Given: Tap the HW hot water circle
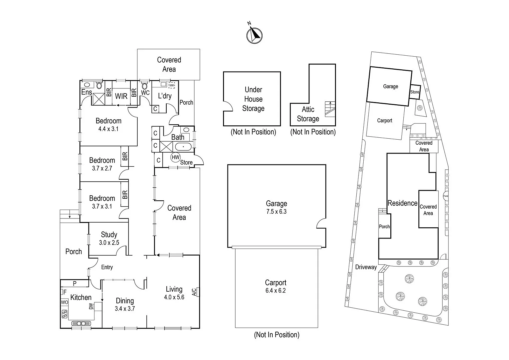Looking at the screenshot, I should click(x=175, y=157).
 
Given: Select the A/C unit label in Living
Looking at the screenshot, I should click(x=195, y=292).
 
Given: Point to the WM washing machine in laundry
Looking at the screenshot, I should click(x=172, y=85).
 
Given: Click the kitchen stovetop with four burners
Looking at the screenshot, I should click(x=65, y=314).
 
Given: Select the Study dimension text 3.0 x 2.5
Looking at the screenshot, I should click(x=109, y=243).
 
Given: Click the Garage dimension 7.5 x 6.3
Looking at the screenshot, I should click(x=276, y=211).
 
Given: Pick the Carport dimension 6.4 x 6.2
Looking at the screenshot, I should click(x=276, y=290).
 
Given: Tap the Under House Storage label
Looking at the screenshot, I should click(x=253, y=99).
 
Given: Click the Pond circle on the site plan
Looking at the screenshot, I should click(x=446, y=196).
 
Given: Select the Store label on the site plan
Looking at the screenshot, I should click(x=415, y=92).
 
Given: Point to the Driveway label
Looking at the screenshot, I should click(x=366, y=267).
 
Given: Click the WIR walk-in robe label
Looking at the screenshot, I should click(x=121, y=96).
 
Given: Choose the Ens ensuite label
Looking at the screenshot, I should click(x=86, y=92).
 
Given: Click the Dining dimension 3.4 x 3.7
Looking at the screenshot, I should click(x=125, y=309).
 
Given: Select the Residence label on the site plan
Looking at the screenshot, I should click(x=402, y=203).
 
